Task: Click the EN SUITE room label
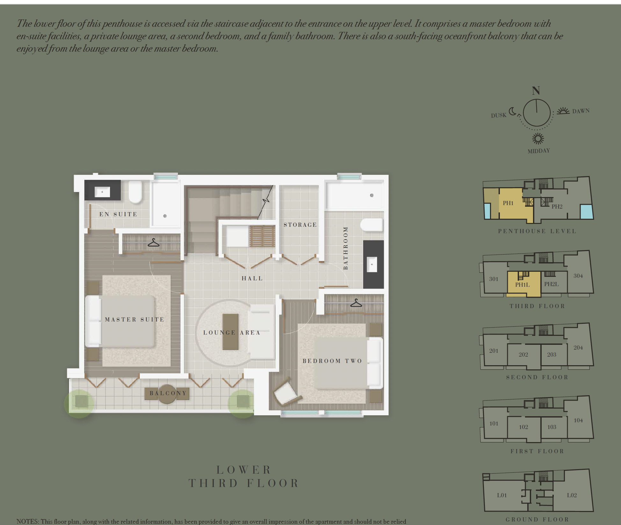point(118,214)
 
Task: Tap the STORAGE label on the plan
point(300,225)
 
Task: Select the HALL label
point(252,278)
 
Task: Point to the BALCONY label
point(168,393)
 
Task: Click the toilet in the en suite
point(135,192)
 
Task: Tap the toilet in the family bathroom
point(372,225)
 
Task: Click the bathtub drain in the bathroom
point(372,195)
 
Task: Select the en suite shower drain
point(165,216)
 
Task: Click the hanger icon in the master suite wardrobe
point(154,243)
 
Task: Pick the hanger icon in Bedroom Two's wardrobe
point(356,303)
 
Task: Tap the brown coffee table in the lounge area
point(230,332)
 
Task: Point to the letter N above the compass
point(536,91)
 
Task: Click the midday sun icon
point(538,139)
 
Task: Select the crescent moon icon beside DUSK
point(513,111)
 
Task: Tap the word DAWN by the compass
point(581,111)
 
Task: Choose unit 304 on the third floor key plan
point(578,276)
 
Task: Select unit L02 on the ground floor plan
point(572,495)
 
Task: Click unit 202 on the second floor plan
point(523,355)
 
